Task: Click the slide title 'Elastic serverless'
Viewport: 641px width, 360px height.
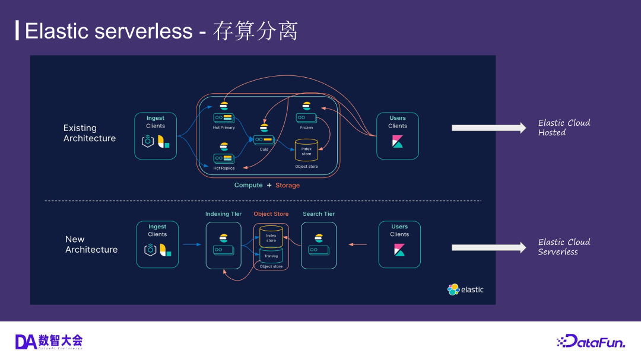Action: [109, 31]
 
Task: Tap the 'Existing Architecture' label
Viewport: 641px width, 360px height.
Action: [90, 133]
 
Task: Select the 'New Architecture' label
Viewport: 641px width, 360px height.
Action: [91, 244]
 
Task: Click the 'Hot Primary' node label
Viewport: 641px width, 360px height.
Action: [224, 128]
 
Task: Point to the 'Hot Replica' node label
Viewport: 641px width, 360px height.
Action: [224, 168]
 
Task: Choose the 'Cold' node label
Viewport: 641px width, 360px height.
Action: [264, 149]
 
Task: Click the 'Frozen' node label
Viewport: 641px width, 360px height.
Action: [306, 128]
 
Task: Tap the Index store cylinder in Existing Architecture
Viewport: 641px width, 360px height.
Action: [306, 151]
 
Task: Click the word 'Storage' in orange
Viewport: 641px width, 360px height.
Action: [287, 186]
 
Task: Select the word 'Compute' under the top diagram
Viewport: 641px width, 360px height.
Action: [248, 186]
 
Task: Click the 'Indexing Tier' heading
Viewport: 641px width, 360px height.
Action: [223, 214]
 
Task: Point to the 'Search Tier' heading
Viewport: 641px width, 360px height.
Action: [319, 214]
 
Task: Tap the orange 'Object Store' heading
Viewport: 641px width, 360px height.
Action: [271, 214]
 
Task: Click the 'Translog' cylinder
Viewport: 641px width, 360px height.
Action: [271, 256]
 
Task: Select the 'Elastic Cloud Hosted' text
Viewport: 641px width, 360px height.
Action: [564, 128]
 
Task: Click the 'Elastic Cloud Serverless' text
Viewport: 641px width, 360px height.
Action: [564, 247]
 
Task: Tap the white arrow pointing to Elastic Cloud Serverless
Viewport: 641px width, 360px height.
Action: [488, 247]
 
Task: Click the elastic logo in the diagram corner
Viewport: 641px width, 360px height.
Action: [465, 289]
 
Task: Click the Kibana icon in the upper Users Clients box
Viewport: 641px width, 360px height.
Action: [398, 142]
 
